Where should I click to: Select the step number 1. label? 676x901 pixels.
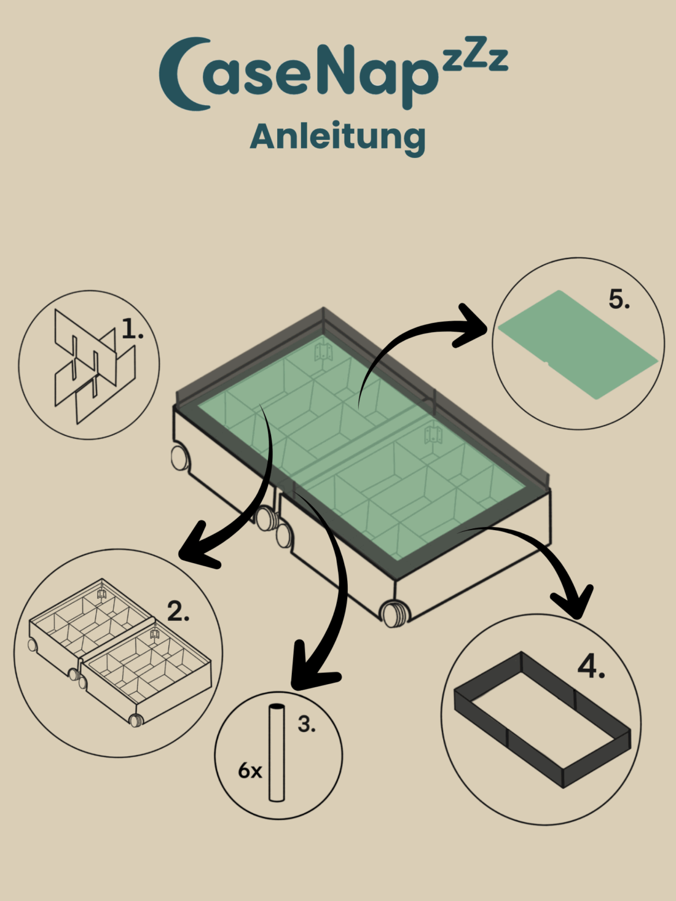pyautogui.click(x=133, y=329)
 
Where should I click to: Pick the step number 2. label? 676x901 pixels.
pyautogui.click(x=178, y=611)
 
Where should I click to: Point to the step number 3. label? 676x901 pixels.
pyautogui.click(x=307, y=724)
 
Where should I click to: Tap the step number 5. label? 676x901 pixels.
pyautogui.click(x=619, y=299)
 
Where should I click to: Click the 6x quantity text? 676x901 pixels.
pyautogui.click(x=250, y=770)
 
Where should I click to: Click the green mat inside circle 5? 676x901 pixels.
pyautogui.click(x=578, y=345)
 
